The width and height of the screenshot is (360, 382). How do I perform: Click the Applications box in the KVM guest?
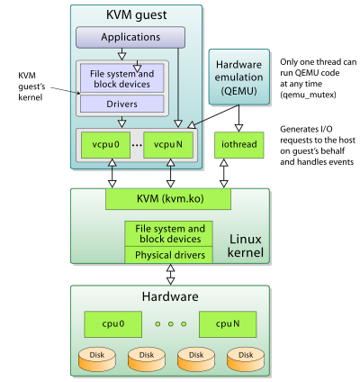pos(130,38)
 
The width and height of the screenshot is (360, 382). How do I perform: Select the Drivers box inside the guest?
pos(122,104)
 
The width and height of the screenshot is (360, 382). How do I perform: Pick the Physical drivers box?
pos(170,254)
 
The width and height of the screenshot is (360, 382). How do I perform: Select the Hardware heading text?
pos(170,296)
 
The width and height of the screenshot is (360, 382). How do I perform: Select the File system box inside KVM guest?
pos(122,78)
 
